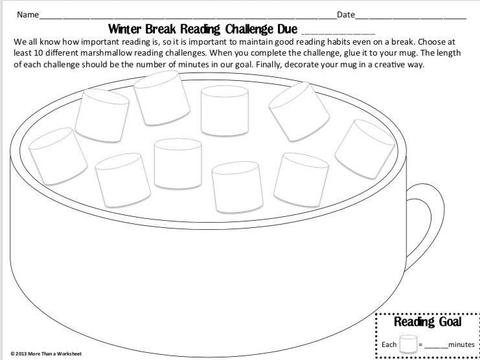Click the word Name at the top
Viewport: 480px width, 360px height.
28,14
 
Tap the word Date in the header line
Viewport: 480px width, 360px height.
346,14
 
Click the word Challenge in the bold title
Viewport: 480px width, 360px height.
249,29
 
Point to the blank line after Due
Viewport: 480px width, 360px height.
338,33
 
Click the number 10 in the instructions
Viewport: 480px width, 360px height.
38,53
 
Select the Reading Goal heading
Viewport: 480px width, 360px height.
428,322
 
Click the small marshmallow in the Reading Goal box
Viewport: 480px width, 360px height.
408,344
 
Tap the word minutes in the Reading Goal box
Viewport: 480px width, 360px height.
461,344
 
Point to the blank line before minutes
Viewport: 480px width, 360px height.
436,348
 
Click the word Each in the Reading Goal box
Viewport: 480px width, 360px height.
389,344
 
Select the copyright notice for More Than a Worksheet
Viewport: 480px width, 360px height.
46,354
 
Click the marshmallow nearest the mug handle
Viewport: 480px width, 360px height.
365,149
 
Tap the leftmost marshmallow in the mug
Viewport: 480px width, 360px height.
58,156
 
